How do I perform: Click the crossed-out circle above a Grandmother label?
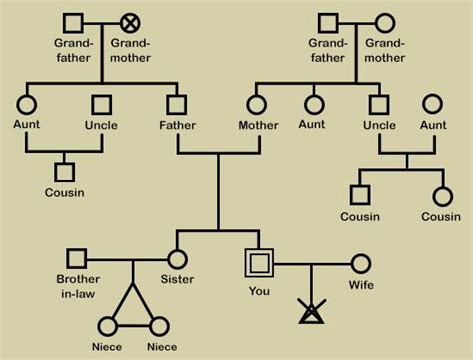coord(130,22)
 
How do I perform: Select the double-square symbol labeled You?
coord(259,263)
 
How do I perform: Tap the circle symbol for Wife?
coord(361,264)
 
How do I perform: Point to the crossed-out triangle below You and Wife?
coord(311,312)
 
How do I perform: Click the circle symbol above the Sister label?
coord(177,259)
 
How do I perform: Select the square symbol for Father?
coord(177,103)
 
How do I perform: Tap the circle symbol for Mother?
coord(258,103)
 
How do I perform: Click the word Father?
coord(177,125)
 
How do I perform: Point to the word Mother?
coord(258,125)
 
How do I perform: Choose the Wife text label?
coord(361,286)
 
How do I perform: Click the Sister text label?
coord(177,280)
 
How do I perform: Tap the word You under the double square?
coord(259,290)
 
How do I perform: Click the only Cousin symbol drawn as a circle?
coord(442,196)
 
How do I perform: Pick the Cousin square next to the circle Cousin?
coord(360,196)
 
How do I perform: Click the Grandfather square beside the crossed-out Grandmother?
coord(72,22)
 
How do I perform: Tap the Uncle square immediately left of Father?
coord(101,103)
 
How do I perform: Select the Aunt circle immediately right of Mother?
coord(315,103)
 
